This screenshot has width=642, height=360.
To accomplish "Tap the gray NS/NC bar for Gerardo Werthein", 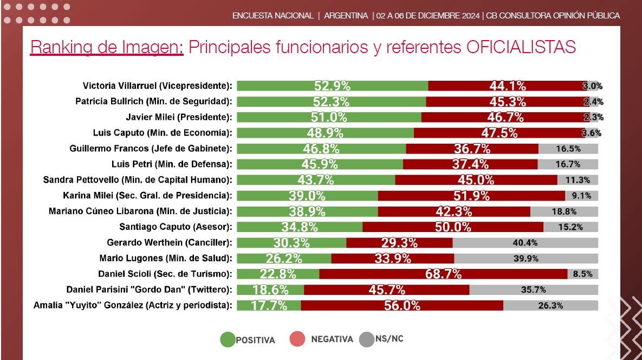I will point(526,242).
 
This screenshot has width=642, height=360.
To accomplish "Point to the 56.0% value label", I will point(402,306).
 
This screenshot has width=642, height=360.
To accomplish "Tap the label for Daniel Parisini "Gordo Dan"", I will point(149,290).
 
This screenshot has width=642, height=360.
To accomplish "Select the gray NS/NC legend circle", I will point(367,339).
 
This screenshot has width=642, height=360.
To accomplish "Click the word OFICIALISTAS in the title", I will point(521,47).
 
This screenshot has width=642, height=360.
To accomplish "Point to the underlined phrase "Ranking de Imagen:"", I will point(107,47).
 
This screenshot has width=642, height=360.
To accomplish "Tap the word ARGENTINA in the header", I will point(346,15).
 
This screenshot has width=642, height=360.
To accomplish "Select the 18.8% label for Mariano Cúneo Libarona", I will point(564,211).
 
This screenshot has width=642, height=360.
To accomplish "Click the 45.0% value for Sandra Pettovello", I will point(475,180).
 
